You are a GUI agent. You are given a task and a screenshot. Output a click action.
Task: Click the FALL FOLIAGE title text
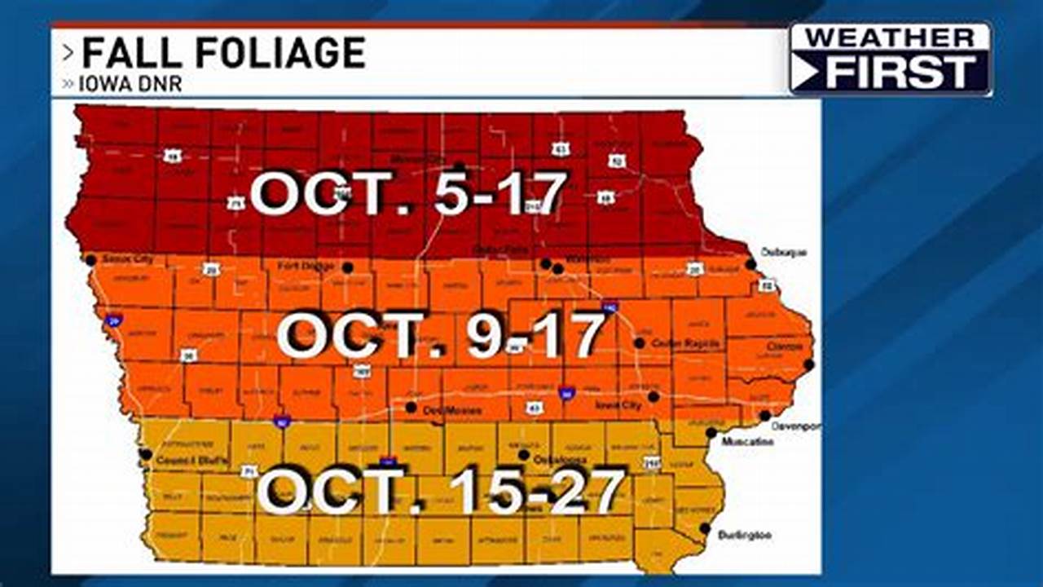pos(223,54)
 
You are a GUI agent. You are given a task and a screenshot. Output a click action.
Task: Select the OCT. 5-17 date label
pos(407,194)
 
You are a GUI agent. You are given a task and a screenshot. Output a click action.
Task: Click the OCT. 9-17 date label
pos(441,336)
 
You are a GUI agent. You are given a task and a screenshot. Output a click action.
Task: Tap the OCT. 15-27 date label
pos(441,490)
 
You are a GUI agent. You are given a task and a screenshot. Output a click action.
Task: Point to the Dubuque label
pos(783,252)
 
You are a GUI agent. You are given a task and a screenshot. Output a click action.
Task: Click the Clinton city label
pos(784,346)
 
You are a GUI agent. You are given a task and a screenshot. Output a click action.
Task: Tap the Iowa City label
pos(619,404)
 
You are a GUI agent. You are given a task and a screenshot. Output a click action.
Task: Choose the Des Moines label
pos(447,412)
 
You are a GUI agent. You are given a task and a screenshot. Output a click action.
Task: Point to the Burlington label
pos(745,536)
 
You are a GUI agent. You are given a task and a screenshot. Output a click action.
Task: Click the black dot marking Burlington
pos(704,528)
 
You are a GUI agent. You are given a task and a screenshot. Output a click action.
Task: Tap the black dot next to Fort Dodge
pos(348,267)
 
